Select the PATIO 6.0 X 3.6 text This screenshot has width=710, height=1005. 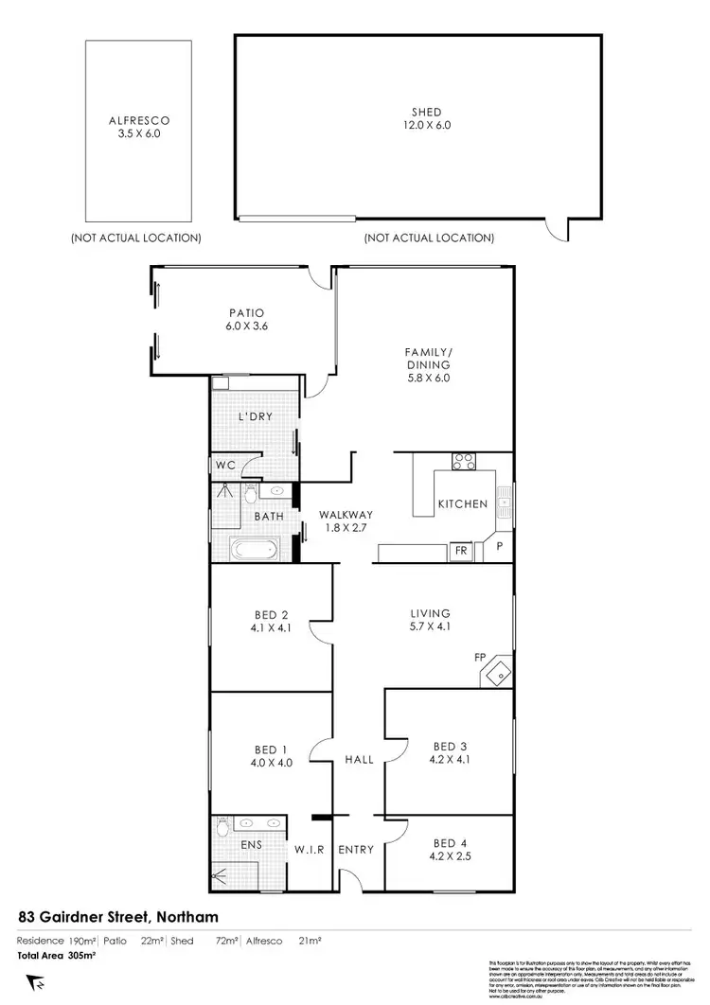244,319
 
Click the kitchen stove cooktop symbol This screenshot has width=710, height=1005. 465,463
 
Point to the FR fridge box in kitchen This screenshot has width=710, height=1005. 462,550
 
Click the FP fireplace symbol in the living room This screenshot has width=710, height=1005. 496,674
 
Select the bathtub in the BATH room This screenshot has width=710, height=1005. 253,549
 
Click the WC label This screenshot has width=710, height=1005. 223,465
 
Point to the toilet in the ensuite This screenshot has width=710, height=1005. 222,827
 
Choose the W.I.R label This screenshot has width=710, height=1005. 311,850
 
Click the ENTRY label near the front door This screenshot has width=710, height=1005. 356,850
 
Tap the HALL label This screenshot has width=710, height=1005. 359,759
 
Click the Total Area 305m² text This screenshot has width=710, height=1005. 58,956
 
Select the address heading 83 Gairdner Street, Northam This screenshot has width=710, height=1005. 119,916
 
